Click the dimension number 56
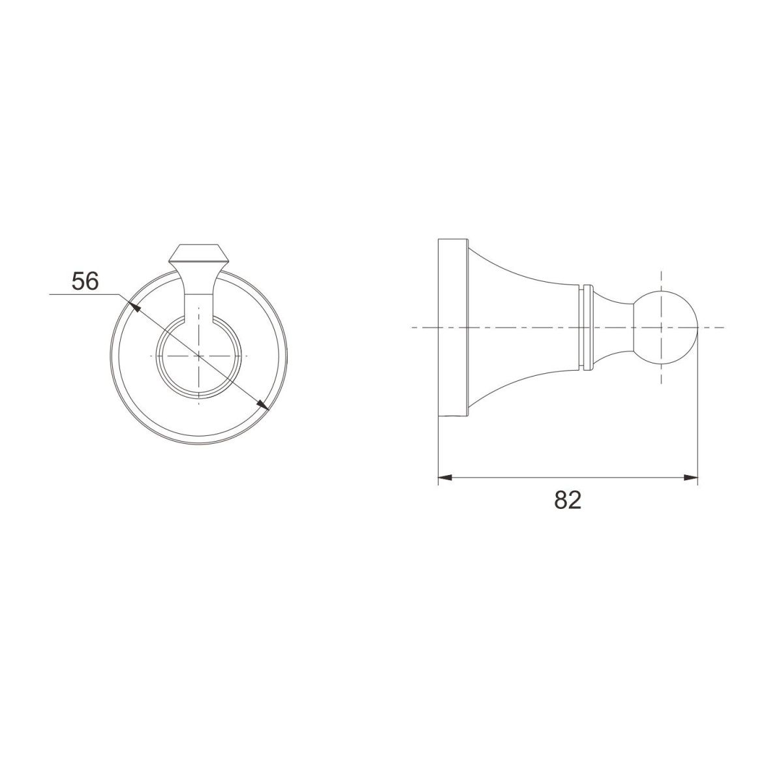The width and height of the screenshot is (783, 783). pos(85,281)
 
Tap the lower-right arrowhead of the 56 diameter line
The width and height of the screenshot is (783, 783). pos(262,405)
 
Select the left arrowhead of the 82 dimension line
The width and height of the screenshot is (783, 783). pos(445,478)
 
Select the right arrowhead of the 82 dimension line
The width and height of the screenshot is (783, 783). pos(690,478)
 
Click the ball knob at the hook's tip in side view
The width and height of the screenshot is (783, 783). pos(666,327)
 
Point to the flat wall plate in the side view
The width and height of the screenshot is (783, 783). pos(453,328)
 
